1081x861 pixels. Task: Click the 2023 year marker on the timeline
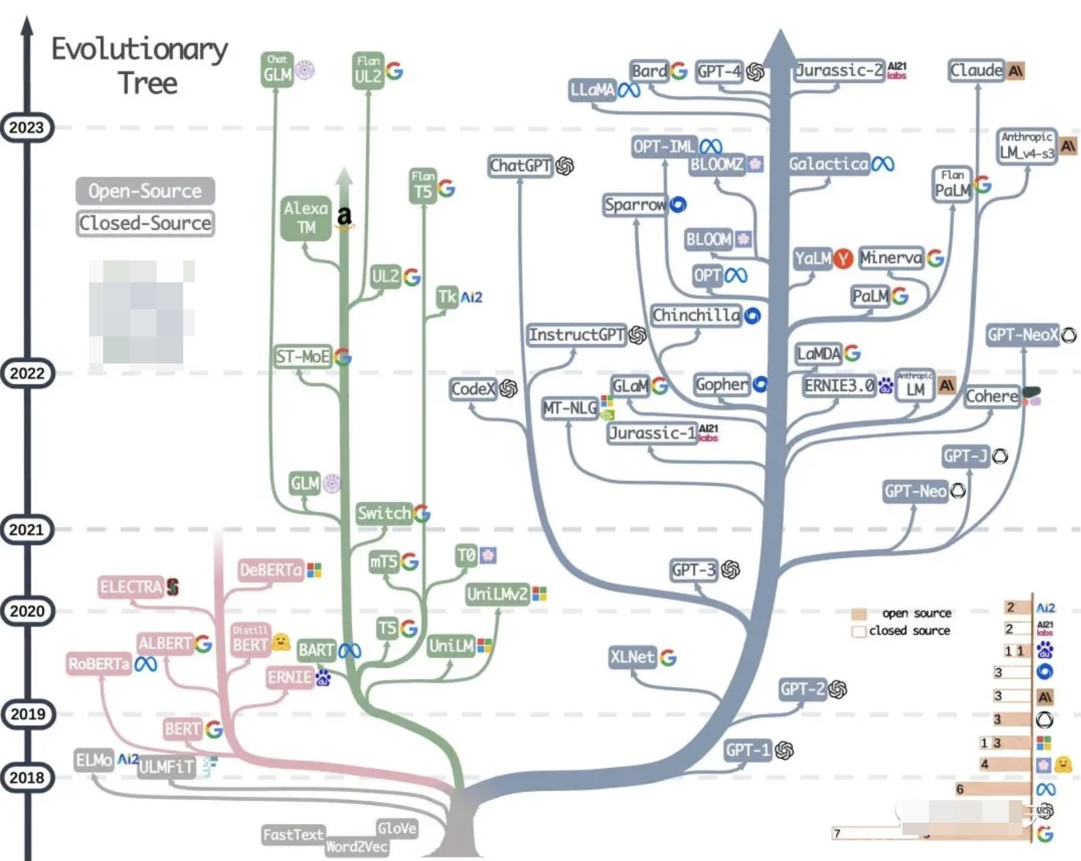click(x=26, y=128)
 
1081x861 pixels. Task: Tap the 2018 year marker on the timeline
click(x=26, y=778)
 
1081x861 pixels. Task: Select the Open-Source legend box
click(x=145, y=191)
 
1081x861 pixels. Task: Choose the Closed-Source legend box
click(x=145, y=223)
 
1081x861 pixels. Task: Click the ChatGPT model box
click(x=520, y=166)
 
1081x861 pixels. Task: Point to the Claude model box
click(x=976, y=70)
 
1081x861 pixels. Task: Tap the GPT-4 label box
click(x=719, y=72)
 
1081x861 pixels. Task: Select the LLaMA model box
click(x=592, y=90)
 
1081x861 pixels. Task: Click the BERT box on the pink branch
click(x=182, y=729)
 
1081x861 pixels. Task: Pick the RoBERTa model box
click(x=99, y=664)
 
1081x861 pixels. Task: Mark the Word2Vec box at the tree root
click(x=357, y=846)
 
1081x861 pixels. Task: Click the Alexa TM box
click(x=306, y=218)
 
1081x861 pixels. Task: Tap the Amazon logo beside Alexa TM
click(x=344, y=218)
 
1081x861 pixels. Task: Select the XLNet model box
click(x=632, y=657)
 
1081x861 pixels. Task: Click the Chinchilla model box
click(x=696, y=315)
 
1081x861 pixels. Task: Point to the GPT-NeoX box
click(x=1022, y=335)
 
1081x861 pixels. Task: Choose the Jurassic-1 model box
click(x=652, y=433)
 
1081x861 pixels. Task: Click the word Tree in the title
click(x=148, y=83)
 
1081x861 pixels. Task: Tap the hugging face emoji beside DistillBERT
click(x=281, y=642)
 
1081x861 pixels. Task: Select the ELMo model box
click(x=94, y=760)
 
